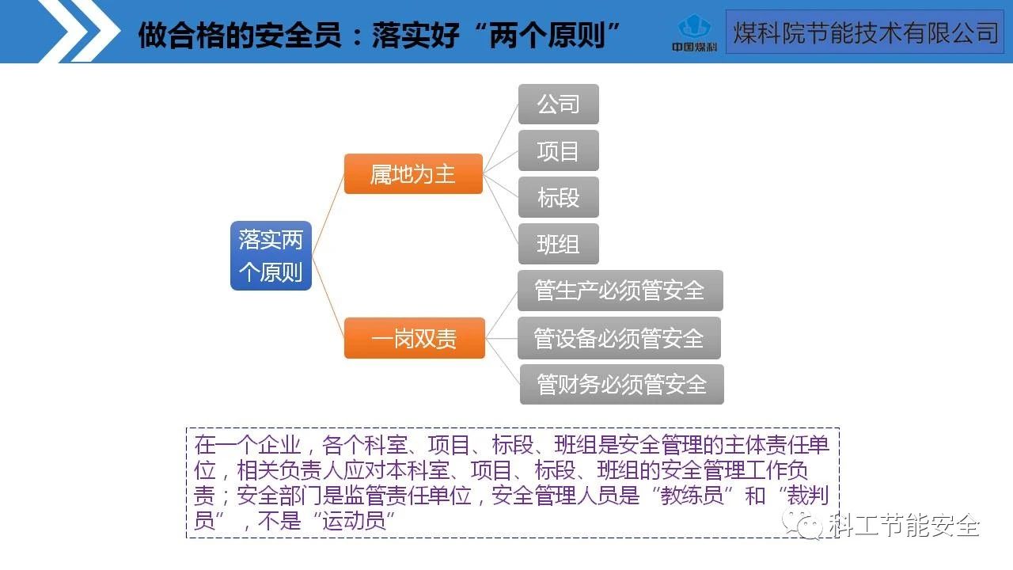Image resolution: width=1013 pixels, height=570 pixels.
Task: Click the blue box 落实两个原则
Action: (271, 256)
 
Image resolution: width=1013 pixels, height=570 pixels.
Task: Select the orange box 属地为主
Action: (413, 173)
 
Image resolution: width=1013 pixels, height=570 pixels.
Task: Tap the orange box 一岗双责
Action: (414, 339)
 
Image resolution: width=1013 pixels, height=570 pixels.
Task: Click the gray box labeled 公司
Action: (558, 104)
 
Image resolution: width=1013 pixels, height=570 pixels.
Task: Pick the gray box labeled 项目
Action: (558, 150)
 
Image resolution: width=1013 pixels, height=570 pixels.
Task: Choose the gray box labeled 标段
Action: (558, 197)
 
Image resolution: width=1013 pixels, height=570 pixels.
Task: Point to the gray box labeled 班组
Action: (558, 244)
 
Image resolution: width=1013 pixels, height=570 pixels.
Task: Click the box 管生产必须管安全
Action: (620, 291)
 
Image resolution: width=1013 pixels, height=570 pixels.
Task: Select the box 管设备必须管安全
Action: (619, 338)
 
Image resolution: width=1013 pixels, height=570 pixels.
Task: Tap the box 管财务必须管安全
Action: (621, 385)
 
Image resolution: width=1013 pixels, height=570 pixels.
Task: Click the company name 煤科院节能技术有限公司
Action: (864, 32)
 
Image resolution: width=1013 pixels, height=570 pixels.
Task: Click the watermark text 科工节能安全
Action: (904, 525)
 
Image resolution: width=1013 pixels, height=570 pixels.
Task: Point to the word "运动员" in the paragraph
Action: (354, 522)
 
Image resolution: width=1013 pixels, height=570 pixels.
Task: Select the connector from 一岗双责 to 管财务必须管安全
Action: (502, 361)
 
